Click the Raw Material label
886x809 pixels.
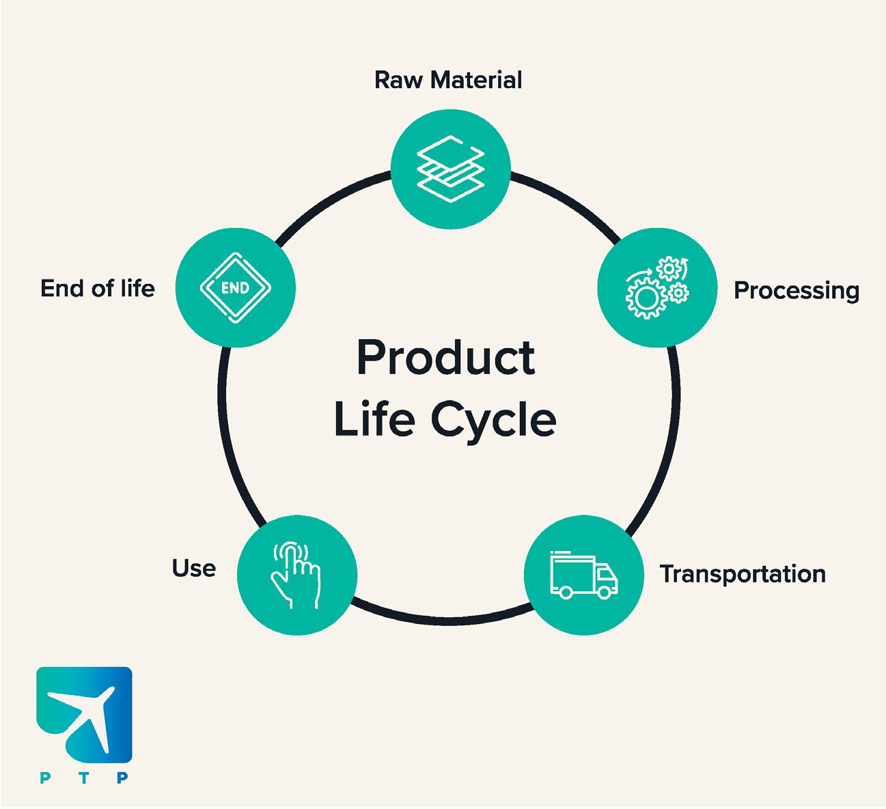[448, 80]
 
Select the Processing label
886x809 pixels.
[796, 291]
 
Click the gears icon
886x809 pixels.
[657, 287]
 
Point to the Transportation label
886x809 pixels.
[743, 573]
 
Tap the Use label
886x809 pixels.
[194, 568]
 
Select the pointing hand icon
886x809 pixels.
[296, 574]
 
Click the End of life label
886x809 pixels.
[98, 288]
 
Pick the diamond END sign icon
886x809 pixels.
[235, 287]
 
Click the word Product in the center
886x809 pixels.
[445, 358]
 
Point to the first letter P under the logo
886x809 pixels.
[44, 778]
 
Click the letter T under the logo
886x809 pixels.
[83, 778]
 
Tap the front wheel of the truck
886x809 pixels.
[605, 592]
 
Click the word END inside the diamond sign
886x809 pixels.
[235, 287]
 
